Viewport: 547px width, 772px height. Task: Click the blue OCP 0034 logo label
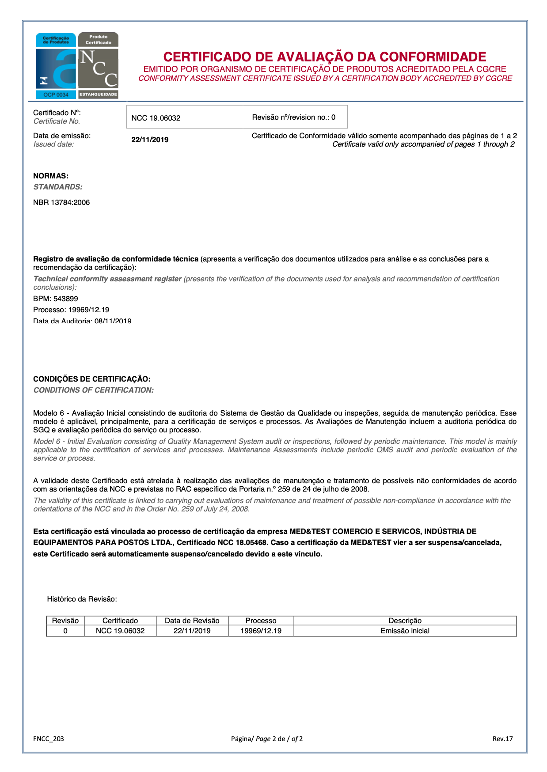point(56,95)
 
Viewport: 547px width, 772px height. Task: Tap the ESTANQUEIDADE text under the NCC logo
point(98,95)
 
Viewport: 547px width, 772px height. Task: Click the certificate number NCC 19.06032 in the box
point(156,118)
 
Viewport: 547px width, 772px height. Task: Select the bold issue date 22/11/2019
point(150,140)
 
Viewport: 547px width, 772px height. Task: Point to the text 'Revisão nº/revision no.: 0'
point(293,117)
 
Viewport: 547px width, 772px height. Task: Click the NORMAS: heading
point(51,176)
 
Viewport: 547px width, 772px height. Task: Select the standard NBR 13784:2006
point(61,203)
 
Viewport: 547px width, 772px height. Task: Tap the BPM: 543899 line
point(56,299)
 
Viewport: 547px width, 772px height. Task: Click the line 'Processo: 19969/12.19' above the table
point(71,310)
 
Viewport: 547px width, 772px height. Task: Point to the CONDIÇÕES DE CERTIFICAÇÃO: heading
point(92,379)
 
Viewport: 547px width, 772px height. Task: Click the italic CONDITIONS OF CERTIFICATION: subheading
point(94,390)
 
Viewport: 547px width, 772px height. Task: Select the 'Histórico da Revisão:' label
point(82,599)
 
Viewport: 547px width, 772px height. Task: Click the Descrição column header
point(405,621)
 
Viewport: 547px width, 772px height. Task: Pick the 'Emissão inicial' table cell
point(405,631)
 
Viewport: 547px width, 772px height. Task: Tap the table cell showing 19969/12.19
point(261,631)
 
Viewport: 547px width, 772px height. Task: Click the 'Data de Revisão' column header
point(192,621)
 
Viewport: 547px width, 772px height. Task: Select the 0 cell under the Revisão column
point(65,631)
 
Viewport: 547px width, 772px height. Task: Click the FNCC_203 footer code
point(49,739)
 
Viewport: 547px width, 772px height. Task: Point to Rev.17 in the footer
point(503,739)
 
